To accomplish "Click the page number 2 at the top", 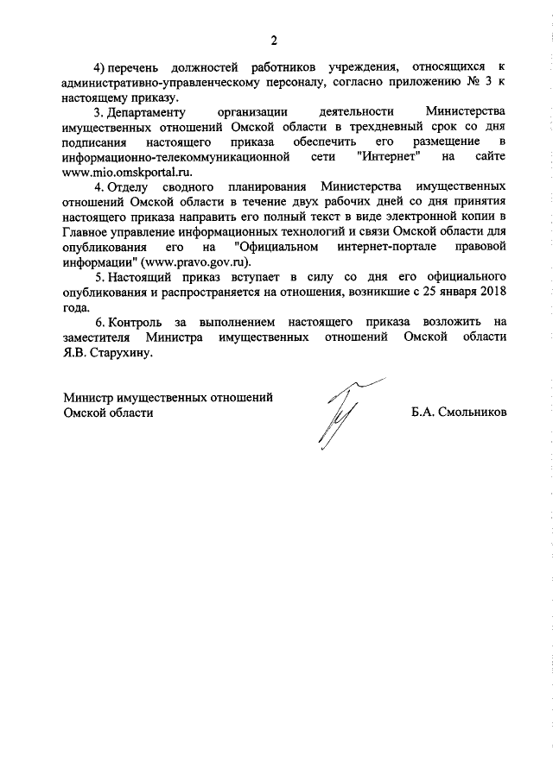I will (275, 40).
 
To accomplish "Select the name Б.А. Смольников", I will (459, 413).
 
